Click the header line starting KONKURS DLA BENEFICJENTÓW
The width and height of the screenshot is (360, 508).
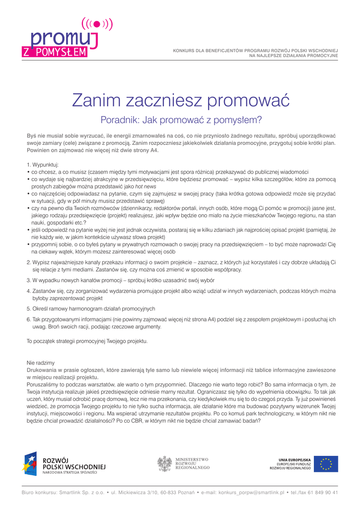(255, 51)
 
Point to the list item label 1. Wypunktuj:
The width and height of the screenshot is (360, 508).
(43, 164)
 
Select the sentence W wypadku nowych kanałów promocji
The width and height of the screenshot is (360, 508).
(114, 280)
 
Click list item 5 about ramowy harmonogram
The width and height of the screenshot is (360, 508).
(91, 309)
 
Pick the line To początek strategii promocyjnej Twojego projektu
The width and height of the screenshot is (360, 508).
(87, 341)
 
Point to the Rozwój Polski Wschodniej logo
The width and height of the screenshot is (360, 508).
(64, 464)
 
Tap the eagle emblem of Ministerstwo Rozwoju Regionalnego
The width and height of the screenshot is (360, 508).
(165, 463)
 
